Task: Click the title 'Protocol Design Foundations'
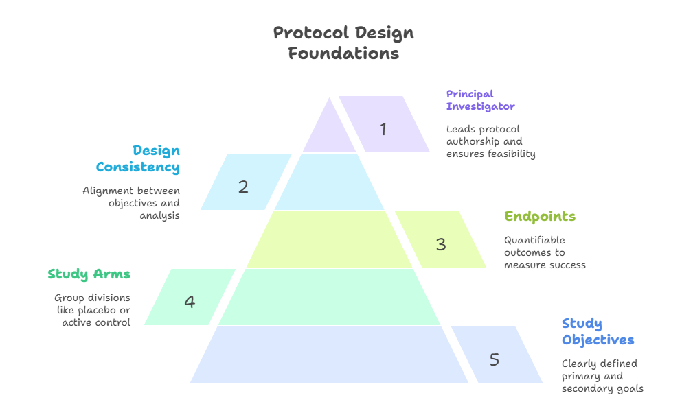(343, 43)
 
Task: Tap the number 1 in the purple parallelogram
(383, 129)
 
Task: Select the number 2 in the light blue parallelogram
(243, 187)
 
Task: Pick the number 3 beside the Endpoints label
(441, 244)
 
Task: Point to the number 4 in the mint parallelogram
(190, 302)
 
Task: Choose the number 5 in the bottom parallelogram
(495, 359)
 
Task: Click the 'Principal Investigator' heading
(480, 100)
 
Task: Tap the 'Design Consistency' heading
(138, 158)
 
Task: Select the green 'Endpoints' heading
(540, 217)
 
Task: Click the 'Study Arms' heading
(89, 274)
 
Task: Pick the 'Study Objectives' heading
(598, 332)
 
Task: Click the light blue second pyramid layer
(329, 182)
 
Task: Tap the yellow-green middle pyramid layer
(329, 239)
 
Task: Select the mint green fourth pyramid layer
(329, 297)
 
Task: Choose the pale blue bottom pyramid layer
(329, 355)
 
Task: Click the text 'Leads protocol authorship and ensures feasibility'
(490, 141)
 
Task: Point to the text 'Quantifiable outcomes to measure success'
(545, 252)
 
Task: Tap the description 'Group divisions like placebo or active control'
(93, 310)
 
